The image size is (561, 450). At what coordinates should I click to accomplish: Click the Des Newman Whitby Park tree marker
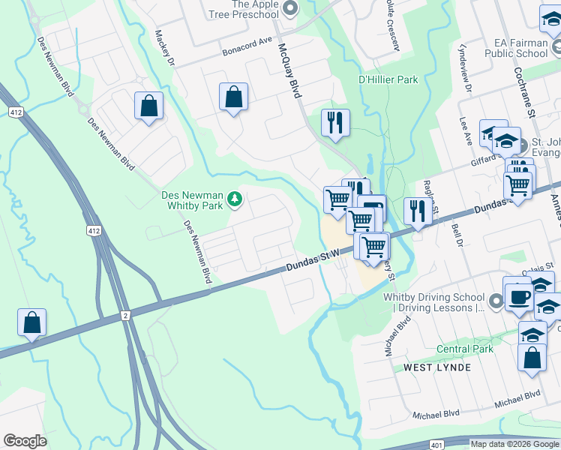235,199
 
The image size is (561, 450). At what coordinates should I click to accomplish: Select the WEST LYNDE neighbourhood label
437,367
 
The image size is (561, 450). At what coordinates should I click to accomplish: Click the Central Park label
465,349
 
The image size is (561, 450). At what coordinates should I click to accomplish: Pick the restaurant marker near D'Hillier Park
334,123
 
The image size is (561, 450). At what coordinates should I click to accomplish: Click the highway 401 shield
437,445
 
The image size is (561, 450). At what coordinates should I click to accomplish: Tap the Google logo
25,441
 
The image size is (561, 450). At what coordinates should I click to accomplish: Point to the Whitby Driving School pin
494,301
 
